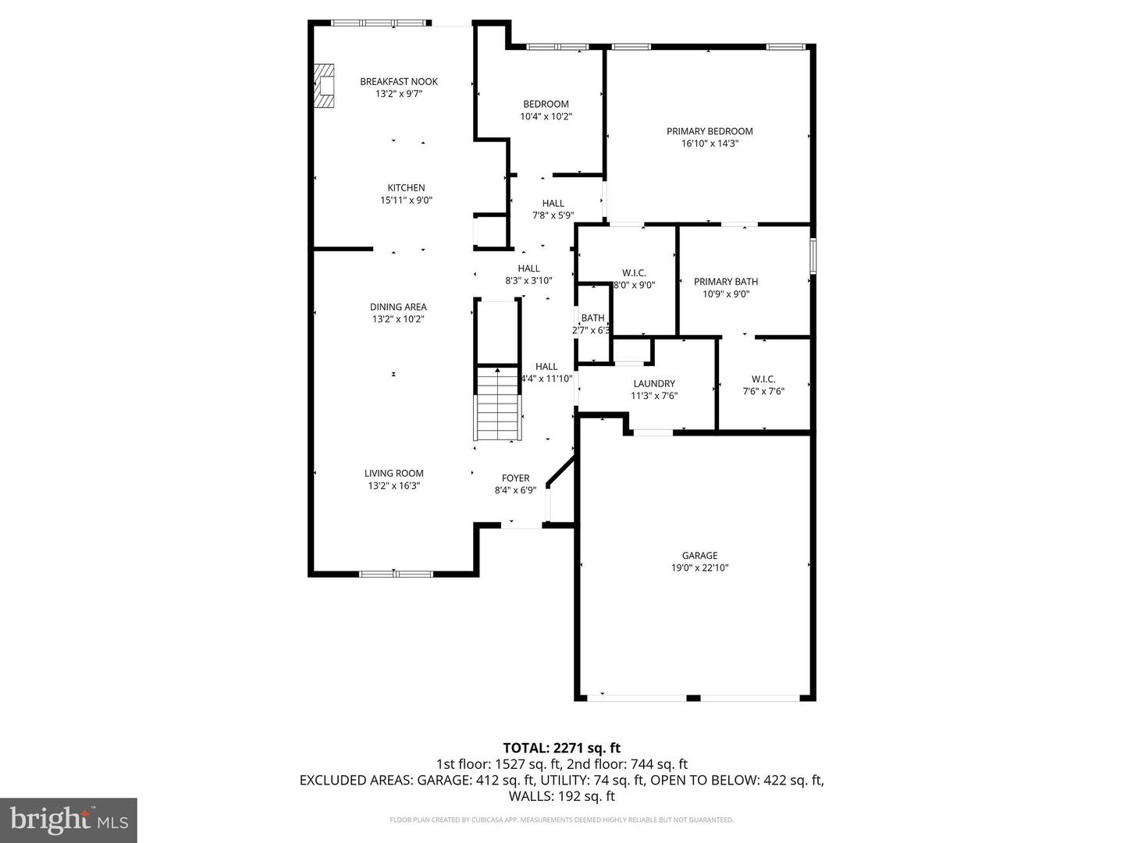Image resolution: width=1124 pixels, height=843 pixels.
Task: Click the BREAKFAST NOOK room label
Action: tap(398, 81)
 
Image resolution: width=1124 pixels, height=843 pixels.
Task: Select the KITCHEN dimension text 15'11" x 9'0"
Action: tap(406, 200)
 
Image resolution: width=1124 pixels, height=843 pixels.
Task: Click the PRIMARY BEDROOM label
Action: tap(710, 131)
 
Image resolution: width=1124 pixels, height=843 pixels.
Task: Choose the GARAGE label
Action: tap(699, 556)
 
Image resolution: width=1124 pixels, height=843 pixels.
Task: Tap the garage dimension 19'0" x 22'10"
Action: tap(699, 568)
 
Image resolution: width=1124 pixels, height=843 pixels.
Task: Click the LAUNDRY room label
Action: tap(654, 383)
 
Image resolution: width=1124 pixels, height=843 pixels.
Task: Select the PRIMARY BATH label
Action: tap(726, 282)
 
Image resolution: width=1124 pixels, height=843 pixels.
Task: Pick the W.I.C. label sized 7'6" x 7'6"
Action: tap(763, 379)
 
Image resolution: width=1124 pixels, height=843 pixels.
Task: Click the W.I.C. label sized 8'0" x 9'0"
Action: tap(634, 272)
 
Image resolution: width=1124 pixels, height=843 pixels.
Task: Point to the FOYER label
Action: tap(515, 478)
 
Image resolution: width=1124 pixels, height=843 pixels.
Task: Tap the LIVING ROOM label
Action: tap(394, 473)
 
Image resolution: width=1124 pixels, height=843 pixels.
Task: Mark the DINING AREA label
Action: tap(398, 307)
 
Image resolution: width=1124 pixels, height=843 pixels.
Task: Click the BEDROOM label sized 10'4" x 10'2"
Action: tap(546, 104)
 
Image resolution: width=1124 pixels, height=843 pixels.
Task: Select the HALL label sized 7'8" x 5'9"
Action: tap(553, 203)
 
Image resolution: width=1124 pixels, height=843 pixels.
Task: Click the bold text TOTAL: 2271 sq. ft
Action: tap(561, 748)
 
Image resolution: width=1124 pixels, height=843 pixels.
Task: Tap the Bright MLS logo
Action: tap(69, 820)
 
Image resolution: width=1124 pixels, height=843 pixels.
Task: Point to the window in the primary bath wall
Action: tap(813, 257)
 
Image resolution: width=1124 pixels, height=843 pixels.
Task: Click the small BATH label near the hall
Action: tap(592, 318)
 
